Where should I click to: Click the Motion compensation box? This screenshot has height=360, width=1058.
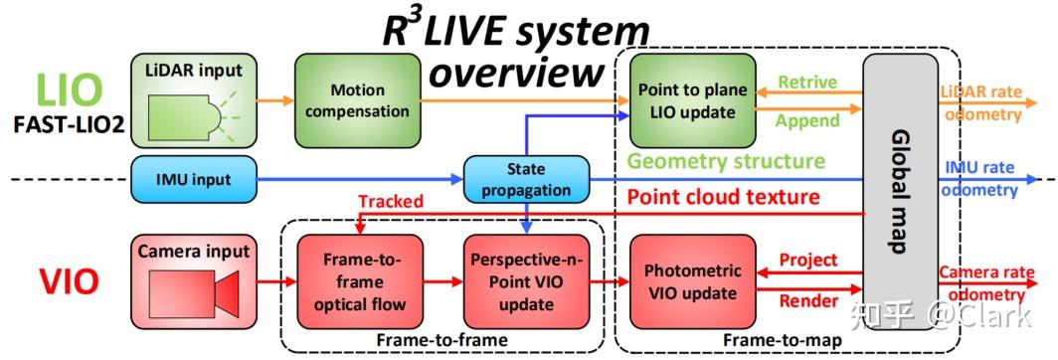point(356,99)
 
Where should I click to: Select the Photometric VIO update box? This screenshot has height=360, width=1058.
point(693,280)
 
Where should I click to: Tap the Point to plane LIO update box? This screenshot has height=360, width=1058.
point(693,99)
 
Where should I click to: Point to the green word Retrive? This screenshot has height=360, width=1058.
point(806,81)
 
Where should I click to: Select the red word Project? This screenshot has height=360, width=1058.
point(807,261)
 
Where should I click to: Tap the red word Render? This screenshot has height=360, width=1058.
point(807,301)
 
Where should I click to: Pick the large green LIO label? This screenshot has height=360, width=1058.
point(70,90)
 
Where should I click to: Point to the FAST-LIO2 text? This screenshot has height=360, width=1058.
point(67,126)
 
